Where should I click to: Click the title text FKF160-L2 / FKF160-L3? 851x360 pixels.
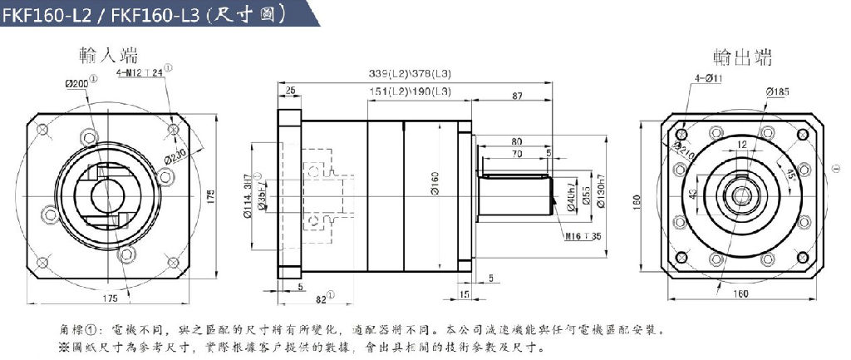click(x=100, y=15)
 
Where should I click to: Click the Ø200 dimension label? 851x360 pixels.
click(x=77, y=82)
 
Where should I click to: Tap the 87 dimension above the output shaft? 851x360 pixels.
click(x=517, y=97)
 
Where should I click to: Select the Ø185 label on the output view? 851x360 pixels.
click(x=777, y=91)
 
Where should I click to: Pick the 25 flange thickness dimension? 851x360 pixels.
click(x=290, y=90)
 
